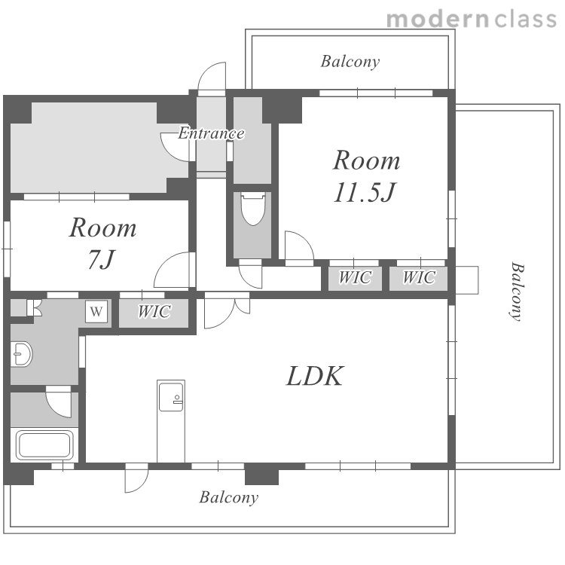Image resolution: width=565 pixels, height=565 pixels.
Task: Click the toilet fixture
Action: tap(253, 209)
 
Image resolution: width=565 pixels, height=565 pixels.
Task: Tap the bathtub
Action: tap(44, 444)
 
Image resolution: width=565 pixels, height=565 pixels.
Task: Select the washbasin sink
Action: tap(21, 354)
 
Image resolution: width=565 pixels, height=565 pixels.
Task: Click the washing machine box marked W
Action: tap(96, 311)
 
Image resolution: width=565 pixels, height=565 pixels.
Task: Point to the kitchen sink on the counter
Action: tap(171, 396)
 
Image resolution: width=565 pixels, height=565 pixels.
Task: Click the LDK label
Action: tap(315, 376)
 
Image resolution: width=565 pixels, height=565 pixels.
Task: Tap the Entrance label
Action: tap(212, 133)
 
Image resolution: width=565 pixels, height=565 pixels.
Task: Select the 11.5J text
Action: tap(365, 192)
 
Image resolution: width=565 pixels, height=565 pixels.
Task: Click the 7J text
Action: tap(102, 259)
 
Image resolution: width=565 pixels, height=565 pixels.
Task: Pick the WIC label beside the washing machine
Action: tap(154, 312)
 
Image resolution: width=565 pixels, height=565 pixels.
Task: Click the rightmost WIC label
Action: tap(419, 277)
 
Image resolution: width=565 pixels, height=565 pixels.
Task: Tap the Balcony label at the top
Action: tap(350, 62)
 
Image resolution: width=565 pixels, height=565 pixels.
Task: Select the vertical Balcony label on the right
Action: tap(518, 292)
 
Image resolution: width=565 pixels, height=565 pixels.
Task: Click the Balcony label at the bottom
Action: tap(229, 498)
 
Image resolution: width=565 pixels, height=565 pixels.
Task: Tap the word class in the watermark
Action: tap(526, 19)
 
